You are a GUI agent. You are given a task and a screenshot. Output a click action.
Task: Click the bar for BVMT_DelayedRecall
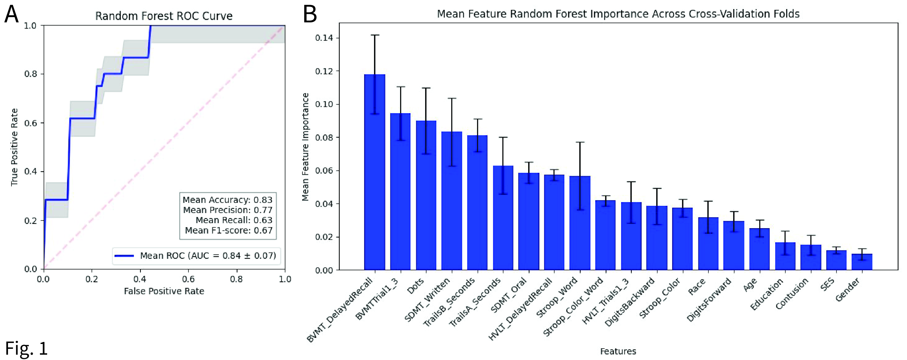tap(375, 172)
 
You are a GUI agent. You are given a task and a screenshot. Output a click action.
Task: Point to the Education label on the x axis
tap(766, 294)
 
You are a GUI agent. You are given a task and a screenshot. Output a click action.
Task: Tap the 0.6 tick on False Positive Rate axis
tap(188, 279)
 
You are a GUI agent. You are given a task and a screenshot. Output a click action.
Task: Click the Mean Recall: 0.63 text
tap(234, 220)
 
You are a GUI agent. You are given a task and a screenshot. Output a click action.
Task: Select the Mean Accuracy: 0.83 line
tap(227, 200)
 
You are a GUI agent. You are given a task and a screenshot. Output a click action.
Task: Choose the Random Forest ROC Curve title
tap(164, 16)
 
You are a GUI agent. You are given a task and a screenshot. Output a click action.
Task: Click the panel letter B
tap(310, 15)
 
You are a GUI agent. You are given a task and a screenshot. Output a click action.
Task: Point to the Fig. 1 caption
tap(26, 348)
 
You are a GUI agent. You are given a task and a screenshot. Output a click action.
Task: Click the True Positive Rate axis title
tap(14, 147)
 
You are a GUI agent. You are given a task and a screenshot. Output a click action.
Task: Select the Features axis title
tap(618, 351)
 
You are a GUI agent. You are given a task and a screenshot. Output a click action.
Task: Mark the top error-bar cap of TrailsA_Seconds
tap(503, 137)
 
